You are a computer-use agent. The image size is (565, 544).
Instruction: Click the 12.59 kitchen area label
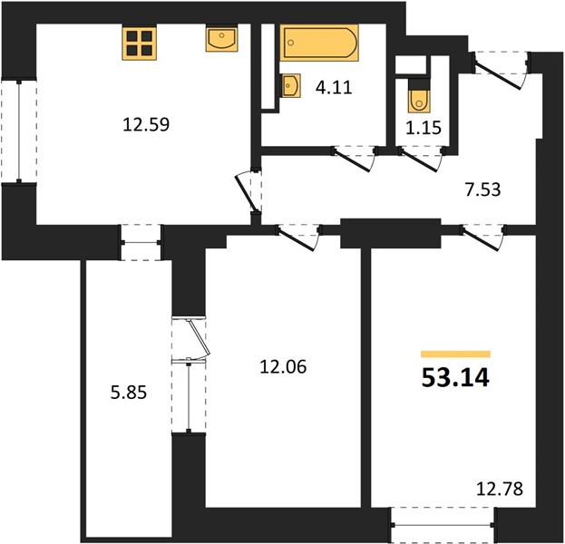[146, 124]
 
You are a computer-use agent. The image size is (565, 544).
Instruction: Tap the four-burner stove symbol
[139, 43]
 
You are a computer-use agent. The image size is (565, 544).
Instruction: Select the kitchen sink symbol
[221, 39]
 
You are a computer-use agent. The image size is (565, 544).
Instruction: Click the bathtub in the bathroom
[319, 43]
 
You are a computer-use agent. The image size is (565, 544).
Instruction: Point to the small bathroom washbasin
[290, 86]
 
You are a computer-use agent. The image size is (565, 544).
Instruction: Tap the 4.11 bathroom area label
[334, 88]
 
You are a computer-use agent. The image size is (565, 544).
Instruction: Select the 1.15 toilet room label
[424, 128]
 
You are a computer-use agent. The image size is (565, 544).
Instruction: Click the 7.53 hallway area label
[482, 189]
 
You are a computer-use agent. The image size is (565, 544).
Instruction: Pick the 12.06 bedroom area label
[283, 367]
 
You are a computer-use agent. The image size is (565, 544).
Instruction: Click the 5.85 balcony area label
[129, 393]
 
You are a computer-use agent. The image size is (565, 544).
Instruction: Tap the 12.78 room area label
[500, 490]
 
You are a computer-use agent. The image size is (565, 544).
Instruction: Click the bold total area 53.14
[455, 378]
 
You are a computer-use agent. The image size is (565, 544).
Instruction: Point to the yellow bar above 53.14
[455, 355]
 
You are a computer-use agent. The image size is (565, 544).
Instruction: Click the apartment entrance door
[501, 71]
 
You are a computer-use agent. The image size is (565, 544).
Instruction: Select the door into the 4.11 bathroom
[355, 159]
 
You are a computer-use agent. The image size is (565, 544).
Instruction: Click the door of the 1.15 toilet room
[422, 159]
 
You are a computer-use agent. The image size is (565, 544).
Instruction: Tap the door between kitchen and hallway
[248, 191]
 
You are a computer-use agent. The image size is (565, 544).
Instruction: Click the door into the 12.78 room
[482, 238]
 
